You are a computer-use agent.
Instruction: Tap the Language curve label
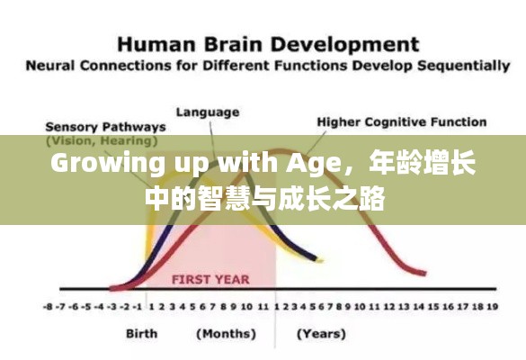tap(208, 112)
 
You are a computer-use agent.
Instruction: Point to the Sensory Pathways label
tap(105, 127)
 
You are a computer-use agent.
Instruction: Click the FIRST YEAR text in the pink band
tap(210, 279)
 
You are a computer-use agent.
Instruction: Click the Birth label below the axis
tap(142, 334)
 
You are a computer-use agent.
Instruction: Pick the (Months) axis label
tap(224, 334)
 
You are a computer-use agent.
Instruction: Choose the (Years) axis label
tap(322, 334)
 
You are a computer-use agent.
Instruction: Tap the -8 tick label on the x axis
tap(48, 306)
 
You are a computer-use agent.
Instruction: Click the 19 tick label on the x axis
tap(491, 306)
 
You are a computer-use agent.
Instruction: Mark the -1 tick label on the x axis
tap(132, 306)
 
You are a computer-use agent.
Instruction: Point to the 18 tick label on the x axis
tap(477, 306)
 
